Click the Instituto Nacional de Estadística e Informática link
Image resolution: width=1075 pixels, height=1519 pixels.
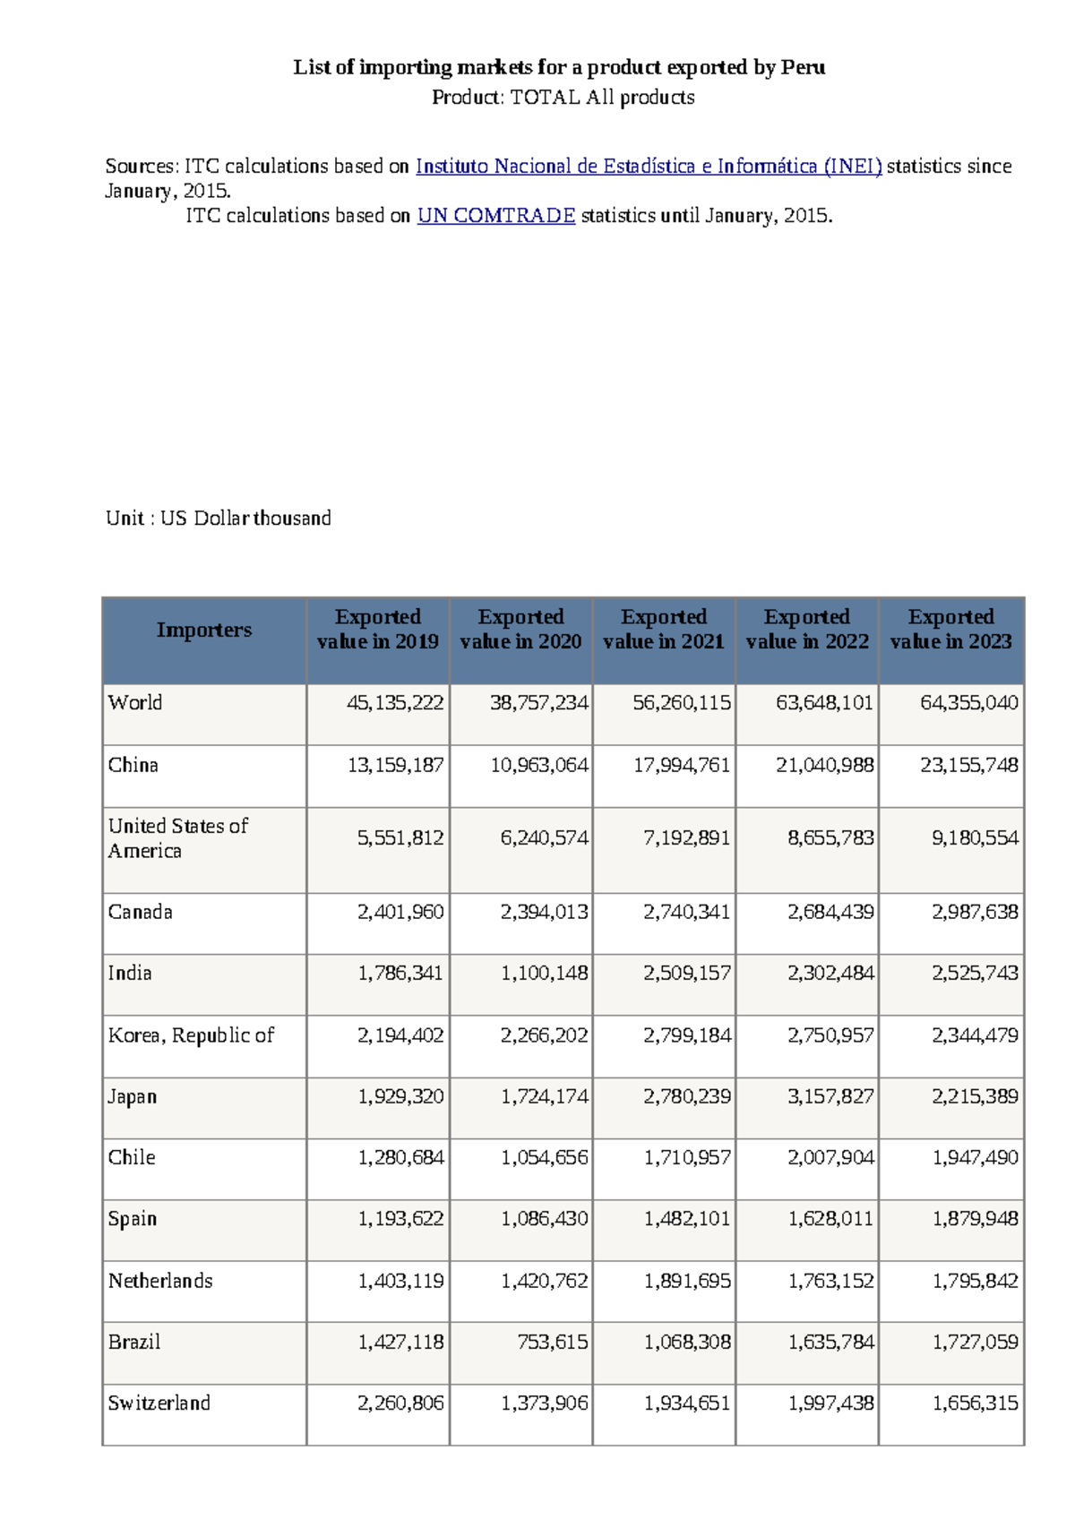(649, 167)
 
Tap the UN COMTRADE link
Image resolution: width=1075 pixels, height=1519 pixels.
(496, 216)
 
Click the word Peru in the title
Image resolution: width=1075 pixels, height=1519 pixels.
(803, 67)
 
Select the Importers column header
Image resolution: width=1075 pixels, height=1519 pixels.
(204, 630)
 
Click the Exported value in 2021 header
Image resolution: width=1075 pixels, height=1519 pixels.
(664, 629)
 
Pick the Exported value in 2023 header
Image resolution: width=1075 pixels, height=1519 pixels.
(950, 629)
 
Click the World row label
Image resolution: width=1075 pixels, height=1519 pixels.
(135, 702)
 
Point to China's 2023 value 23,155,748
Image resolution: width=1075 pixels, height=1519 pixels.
(969, 765)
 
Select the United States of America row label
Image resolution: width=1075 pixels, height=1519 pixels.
(178, 838)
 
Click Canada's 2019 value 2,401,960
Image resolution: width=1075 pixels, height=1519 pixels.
(400, 912)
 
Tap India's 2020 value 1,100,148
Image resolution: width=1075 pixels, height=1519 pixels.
(544, 973)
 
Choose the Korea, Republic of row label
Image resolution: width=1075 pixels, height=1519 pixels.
(191, 1035)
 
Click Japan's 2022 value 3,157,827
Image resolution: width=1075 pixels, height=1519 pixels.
(830, 1096)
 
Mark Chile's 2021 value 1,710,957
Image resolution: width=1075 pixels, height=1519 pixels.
(687, 1157)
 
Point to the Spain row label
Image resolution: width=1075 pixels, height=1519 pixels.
(133, 1219)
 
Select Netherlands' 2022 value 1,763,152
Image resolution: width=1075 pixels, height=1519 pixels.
(830, 1281)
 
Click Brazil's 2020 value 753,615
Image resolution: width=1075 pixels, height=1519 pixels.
(552, 1342)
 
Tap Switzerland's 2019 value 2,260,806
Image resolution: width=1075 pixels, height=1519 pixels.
(400, 1403)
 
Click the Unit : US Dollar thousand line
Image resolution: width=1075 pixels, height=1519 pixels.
(219, 519)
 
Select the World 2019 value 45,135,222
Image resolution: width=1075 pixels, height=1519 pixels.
(395, 702)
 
